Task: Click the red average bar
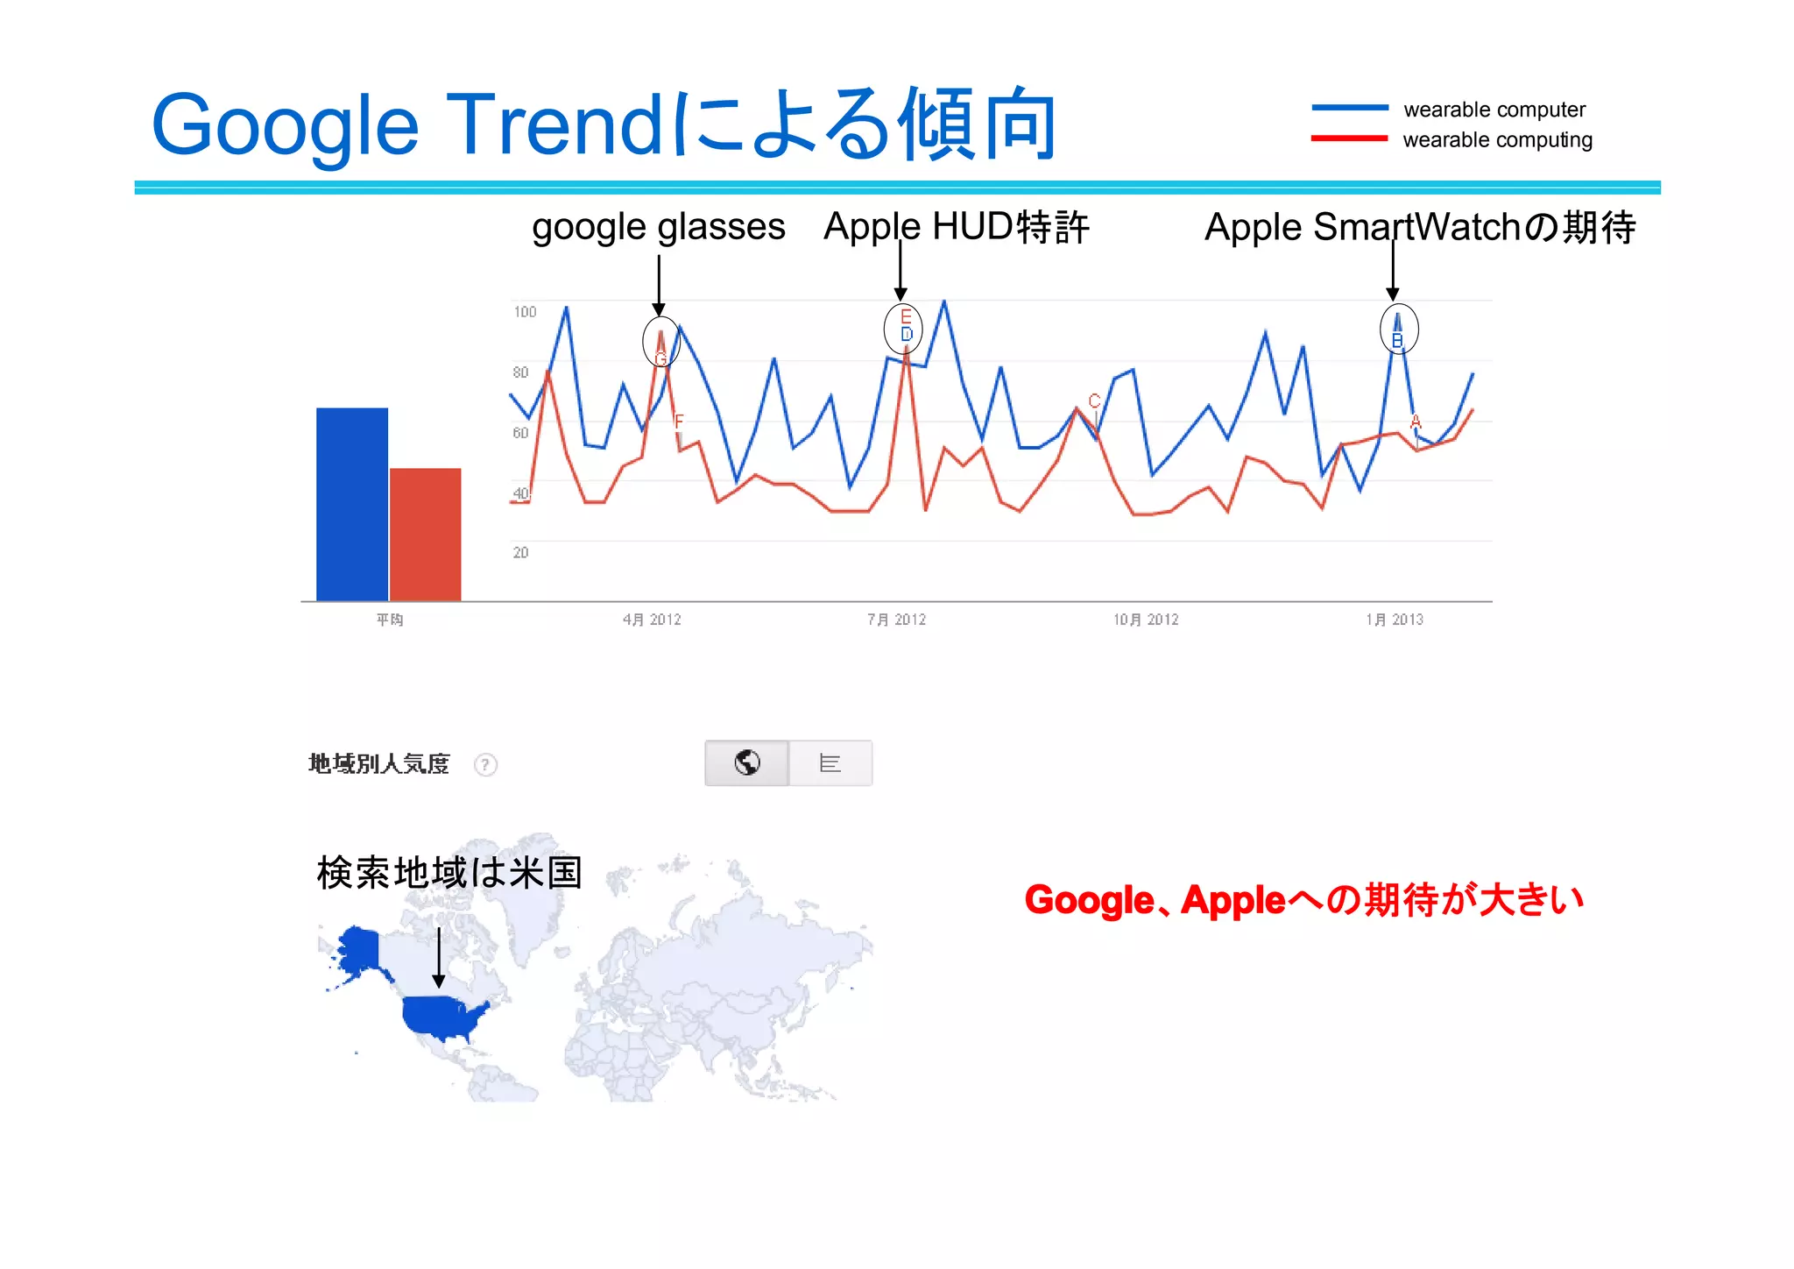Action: click(x=425, y=535)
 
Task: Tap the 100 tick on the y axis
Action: click(x=525, y=312)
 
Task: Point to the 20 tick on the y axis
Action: click(x=520, y=552)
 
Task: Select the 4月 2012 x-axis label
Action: click(x=652, y=620)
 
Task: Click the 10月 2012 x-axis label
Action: click(x=1146, y=620)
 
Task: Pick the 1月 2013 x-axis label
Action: click(x=1395, y=620)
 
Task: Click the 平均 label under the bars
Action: click(x=390, y=620)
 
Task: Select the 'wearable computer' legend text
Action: click(x=1494, y=110)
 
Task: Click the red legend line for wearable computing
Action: click(x=1349, y=138)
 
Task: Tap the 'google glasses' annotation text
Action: click(x=659, y=227)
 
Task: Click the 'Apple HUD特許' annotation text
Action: click(x=957, y=227)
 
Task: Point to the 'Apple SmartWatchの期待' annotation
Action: click(x=1420, y=227)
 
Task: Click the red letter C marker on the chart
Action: click(x=1094, y=401)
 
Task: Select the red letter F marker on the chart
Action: click(x=679, y=422)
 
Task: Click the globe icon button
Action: click(x=747, y=763)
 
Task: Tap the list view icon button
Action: click(x=830, y=763)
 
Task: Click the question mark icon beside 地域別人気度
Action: click(x=485, y=765)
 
